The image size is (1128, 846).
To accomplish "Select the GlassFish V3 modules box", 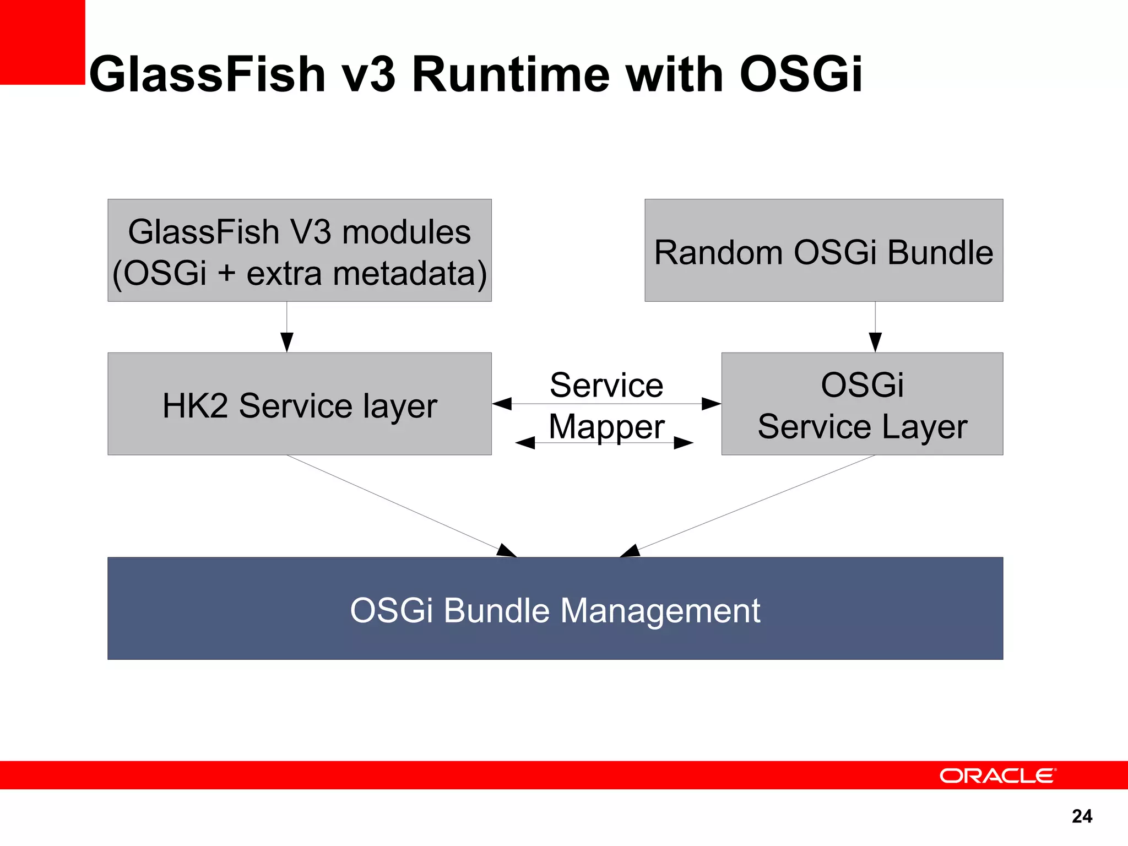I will [x=299, y=251].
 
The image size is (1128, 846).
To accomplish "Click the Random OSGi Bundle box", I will [x=823, y=251].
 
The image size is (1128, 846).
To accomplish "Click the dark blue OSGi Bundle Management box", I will [x=555, y=609].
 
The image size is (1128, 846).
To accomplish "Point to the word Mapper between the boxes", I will [x=606, y=427].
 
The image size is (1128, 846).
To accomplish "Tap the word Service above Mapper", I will [x=606, y=385].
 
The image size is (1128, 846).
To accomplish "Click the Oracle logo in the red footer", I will [x=997, y=775].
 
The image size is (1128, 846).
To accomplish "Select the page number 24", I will [x=1082, y=816].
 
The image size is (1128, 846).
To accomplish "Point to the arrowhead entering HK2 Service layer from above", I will [x=287, y=342].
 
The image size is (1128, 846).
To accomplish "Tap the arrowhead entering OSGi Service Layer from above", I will [x=875, y=342].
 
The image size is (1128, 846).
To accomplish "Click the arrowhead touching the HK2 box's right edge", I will [x=502, y=404].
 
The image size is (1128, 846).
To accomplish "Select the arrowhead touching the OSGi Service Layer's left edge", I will [x=711, y=404].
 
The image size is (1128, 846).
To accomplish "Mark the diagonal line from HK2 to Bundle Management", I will [x=397, y=504].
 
